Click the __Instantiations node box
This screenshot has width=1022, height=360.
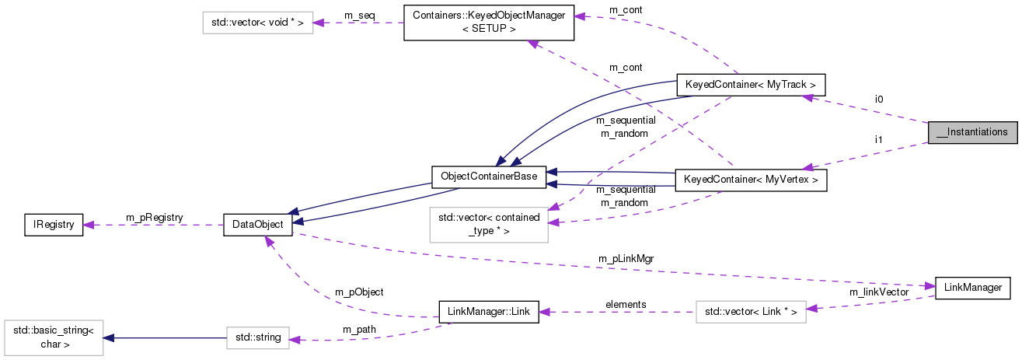pyautogui.click(x=972, y=132)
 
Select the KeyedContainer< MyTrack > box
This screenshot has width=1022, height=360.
pyautogui.click(x=750, y=84)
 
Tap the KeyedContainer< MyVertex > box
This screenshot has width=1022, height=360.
pyautogui.click(x=750, y=180)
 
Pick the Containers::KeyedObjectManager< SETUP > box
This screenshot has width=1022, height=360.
pyautogui.click(x=488, y=23)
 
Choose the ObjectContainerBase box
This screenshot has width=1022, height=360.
pyautogui.click(x=488, y=176)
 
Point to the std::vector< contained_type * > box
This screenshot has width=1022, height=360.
pyautogui.click(x=488, y=224)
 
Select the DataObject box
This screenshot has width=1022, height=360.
pyautogui.click(x=257, y=225)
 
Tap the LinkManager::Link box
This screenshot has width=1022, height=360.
pyautogui.click(x=488, y=312)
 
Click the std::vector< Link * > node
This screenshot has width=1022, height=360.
pyautogui.click(x=750, y=312)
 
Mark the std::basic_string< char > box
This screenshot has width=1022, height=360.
pyautogui.click(x=53, y=337)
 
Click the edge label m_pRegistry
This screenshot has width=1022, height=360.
pyautogui.click(x=154, y=217)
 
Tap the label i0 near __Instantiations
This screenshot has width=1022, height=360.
pyautogui.click(x=879, y=99)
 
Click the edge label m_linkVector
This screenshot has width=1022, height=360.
pyautogui.click(x=878, y=292)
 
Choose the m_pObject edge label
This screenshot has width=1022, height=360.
pyautogui.click(x=358, y=292)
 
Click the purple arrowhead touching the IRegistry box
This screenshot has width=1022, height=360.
pyautogui.click(x=89, y=225)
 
